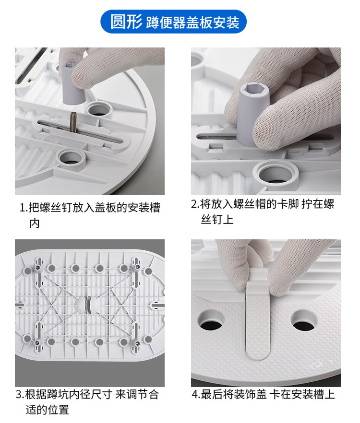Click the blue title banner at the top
(x=173, y=22)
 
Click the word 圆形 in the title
(x=126, y=21)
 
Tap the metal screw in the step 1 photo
(x=73, y=122)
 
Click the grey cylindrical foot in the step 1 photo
(x=73, y=83)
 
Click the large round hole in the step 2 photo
(x=277, y=174)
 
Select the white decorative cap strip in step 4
(x=258, y=316)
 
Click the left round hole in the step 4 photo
(x=210, y=320)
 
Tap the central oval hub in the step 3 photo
(x=87, y=304)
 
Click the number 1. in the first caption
(x=24, y=208)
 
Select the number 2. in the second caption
(x=195, y=204)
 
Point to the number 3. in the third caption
(x=20, y=394)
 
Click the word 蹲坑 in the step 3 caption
(x=58, y=394)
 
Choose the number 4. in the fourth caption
(x=196, y=394)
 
